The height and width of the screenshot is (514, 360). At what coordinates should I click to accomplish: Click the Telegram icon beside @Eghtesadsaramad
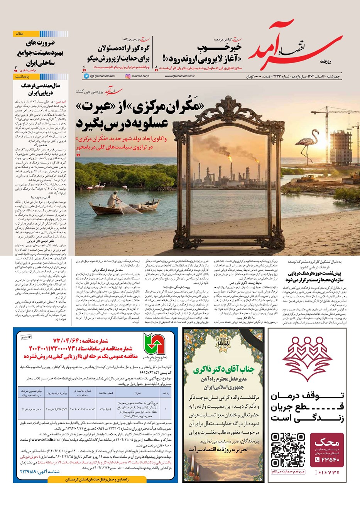[x=86, y=76]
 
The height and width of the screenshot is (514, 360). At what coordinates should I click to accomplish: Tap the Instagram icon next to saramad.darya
[x=128, y=76]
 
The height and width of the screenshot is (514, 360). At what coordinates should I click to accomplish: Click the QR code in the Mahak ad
[x=287, y=450]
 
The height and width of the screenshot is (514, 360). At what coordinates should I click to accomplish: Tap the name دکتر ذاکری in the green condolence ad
[x=220, y=371]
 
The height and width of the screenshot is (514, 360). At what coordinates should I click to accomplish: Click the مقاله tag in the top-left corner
[x=19, y=34]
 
